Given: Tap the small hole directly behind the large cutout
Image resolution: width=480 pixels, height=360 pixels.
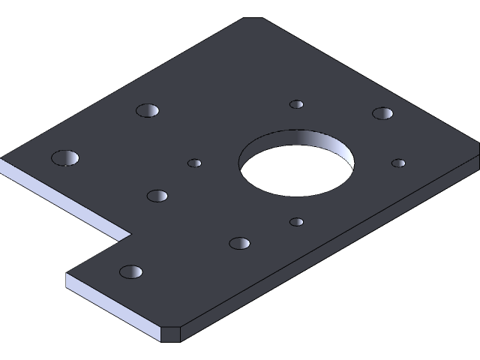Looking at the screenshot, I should coord(297,104).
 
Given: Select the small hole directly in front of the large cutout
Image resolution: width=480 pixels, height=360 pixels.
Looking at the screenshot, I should coord(297,222).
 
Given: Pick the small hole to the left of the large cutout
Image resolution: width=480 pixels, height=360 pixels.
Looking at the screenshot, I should coord(194,163).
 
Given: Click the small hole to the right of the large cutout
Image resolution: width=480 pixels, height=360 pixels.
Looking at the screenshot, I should coord(399,163).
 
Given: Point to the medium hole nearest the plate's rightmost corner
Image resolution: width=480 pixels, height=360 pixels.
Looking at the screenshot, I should coord(382,113).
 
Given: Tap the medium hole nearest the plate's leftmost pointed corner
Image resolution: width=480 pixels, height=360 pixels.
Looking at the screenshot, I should coord(65,158).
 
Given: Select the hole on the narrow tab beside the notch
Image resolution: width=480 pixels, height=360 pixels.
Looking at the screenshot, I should coord(131,271).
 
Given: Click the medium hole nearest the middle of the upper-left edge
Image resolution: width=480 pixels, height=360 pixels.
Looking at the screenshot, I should coord(148,110).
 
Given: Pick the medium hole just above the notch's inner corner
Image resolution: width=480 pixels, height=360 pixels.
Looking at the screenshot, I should coord(157,196).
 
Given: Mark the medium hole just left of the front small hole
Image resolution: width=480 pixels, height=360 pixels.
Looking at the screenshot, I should coord(239,243).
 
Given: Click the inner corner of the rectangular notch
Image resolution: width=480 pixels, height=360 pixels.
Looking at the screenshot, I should coord(130,234).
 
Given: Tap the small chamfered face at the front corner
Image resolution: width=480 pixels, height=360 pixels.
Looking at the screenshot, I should coord(171,334).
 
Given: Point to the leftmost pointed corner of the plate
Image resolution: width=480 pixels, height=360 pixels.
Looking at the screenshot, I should coord(3,158).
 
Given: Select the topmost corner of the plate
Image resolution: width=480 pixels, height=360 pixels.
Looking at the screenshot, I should coord(255,19).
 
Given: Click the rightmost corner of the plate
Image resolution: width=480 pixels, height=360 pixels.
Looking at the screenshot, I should coord(478,154).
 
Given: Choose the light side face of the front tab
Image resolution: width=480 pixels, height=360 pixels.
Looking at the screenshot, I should coord(112,307).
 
